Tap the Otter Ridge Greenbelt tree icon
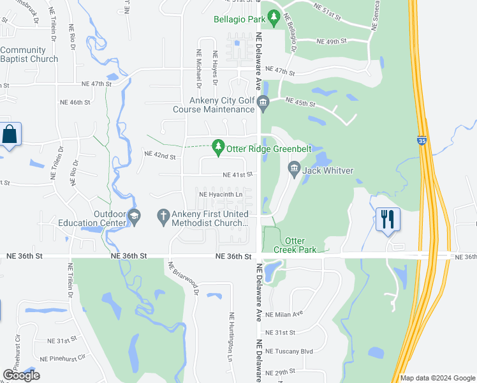point(219,148)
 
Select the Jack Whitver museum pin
point(294,170)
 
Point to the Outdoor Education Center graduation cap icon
point(134,217)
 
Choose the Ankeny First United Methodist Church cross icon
point(163,217)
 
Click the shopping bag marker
point(10,135)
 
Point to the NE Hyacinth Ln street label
point(221,194)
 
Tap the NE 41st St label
point(237,174)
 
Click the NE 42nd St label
point(159,155)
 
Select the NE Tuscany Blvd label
point(289,352)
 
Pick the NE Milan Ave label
point(284,314)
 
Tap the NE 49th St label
point(331,41)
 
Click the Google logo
point(21,375)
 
